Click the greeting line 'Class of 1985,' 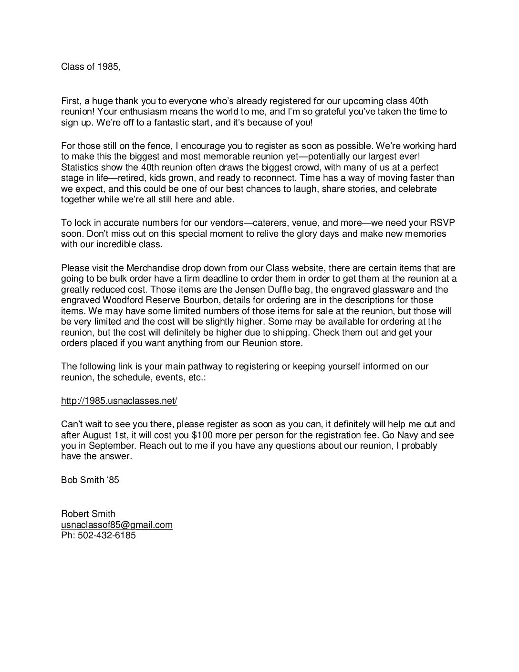pos(91,67)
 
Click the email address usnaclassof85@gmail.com pos(116,525)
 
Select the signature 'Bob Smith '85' pos(90,480)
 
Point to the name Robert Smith pos(88,514)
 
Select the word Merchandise pos(144,268)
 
